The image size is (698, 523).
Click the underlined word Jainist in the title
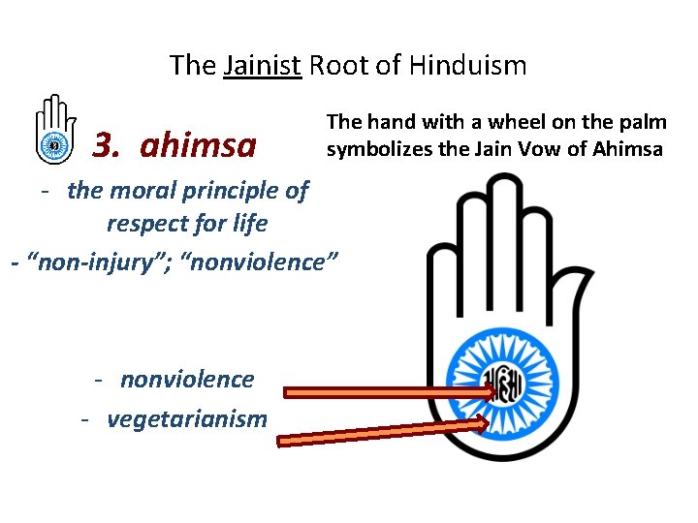(262, 66)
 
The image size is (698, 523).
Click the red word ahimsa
(198, 145)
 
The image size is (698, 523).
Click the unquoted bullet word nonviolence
(187, 379)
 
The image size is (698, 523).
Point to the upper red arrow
(388, 392)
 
